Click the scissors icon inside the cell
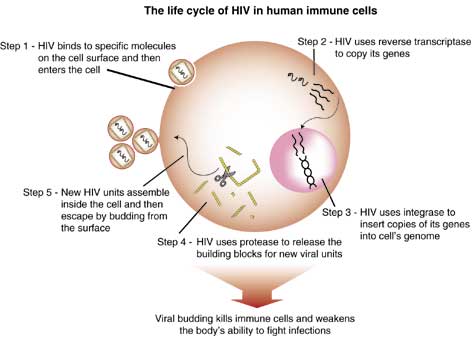[x=224, y=177]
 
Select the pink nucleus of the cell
[x=304, y=160]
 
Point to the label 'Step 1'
[x=16, y=46]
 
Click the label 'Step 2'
[x=312, y=42]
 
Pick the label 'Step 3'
[x=337, y=212]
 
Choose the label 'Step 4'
[x=172, y=242]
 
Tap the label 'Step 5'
[x=38, y=193]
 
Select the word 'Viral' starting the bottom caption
[x=165, y=319]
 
